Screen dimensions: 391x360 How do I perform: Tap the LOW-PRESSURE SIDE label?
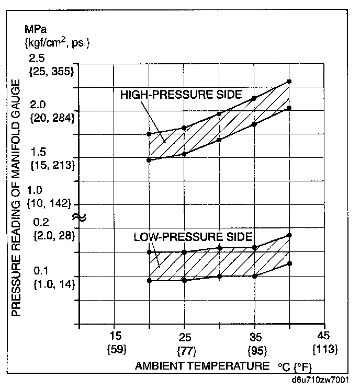(193, 236)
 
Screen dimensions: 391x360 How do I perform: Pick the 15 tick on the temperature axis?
(116, 336)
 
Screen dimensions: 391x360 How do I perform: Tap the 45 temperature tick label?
(324, 336)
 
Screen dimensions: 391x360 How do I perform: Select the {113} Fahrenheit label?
(324, 348)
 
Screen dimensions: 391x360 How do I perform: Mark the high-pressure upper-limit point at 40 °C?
(289, 82)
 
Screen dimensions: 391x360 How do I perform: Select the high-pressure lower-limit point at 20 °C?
(149, 160)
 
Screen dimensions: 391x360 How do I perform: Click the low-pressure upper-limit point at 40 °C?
(289, 235)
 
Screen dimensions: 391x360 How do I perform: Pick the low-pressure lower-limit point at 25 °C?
(184, 280)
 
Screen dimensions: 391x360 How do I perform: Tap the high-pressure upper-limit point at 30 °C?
(219, 114)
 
